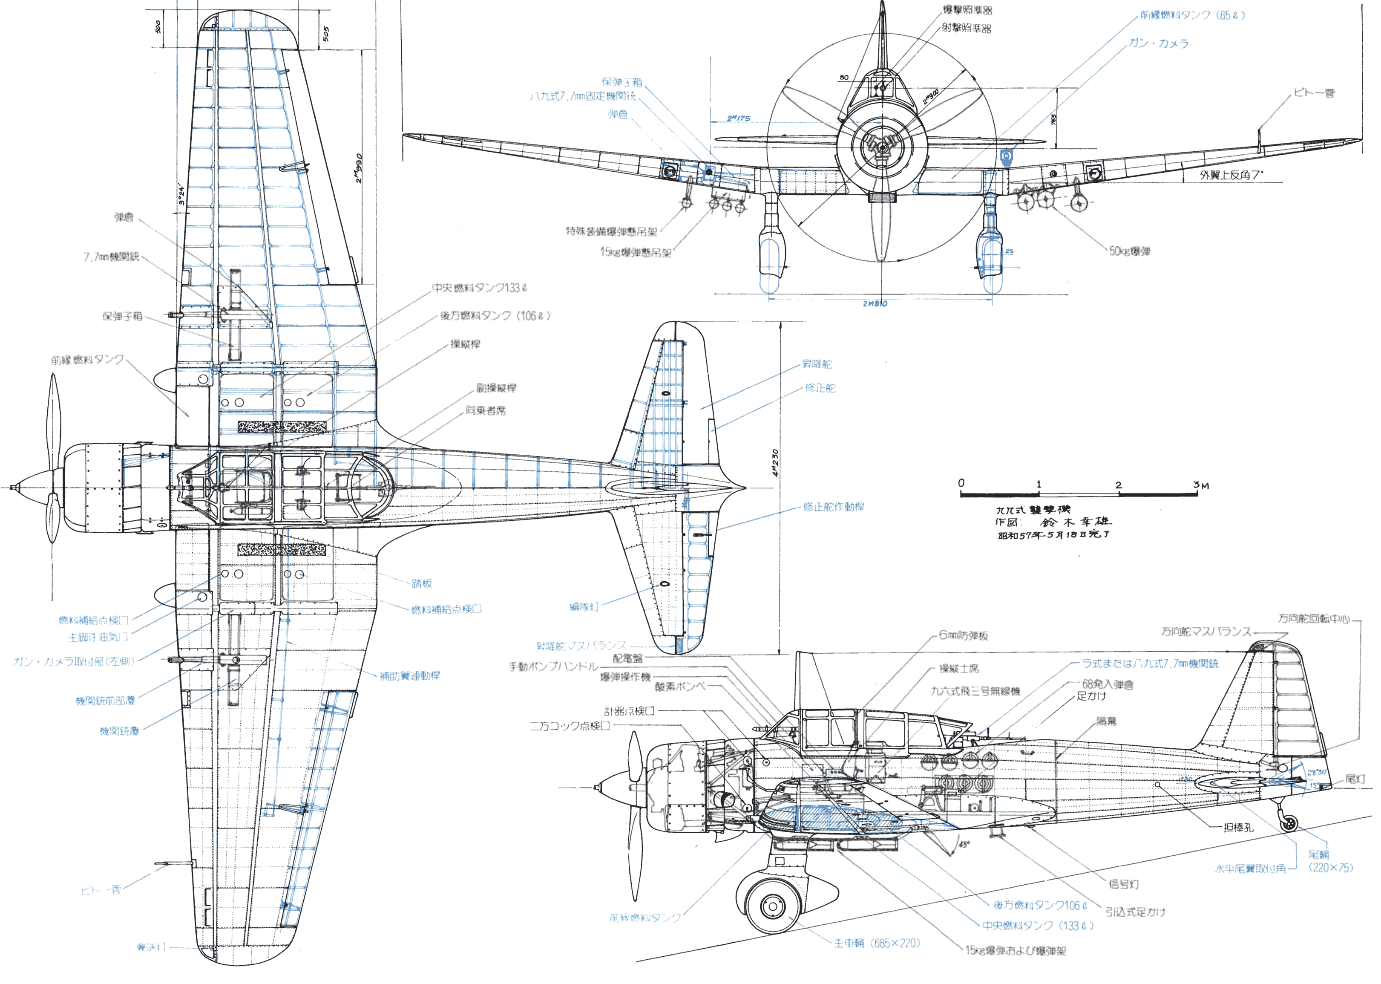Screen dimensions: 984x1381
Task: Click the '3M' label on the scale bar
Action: pos(1200,485)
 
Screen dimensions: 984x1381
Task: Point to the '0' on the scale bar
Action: pos(961,483)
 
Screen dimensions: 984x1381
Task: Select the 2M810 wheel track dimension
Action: pos(875,303)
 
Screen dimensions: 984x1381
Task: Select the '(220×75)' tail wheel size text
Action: pos(1330,868)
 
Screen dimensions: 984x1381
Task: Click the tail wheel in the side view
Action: pos(1290,823)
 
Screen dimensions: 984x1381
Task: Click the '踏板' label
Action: pos(422,583)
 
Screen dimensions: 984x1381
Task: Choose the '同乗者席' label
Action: pos(485,410)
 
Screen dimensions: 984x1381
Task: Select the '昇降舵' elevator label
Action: pos(817,364)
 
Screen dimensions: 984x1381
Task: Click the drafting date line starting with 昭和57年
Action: pos(1053,535)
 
